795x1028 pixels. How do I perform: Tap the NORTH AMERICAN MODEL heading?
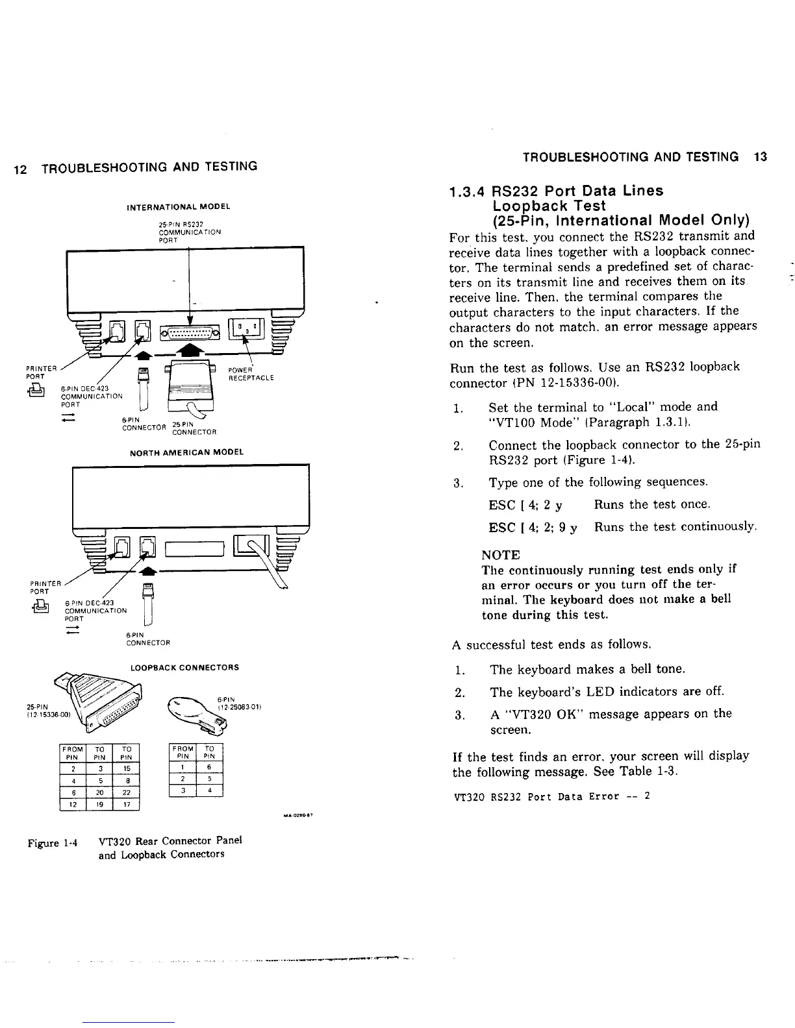point(186,452)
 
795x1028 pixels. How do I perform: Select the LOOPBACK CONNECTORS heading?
point(185,667)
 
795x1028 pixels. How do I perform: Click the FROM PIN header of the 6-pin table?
point(183,752)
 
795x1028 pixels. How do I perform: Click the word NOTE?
point(501,555)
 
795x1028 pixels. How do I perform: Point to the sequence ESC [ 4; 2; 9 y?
point(533,527)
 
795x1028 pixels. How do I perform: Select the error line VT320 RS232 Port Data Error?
point(551,796)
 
